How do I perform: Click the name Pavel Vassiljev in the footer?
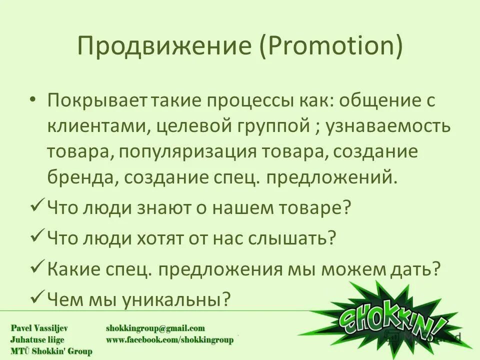pyautogui.click(x=41, y=328)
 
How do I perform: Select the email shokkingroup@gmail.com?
pyautogui.click(x=155, y=328)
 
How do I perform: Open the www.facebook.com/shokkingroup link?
pyautogui.click(x=169, y=340)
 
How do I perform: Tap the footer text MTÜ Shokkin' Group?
pyautogui.click(x=45, y=351)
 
